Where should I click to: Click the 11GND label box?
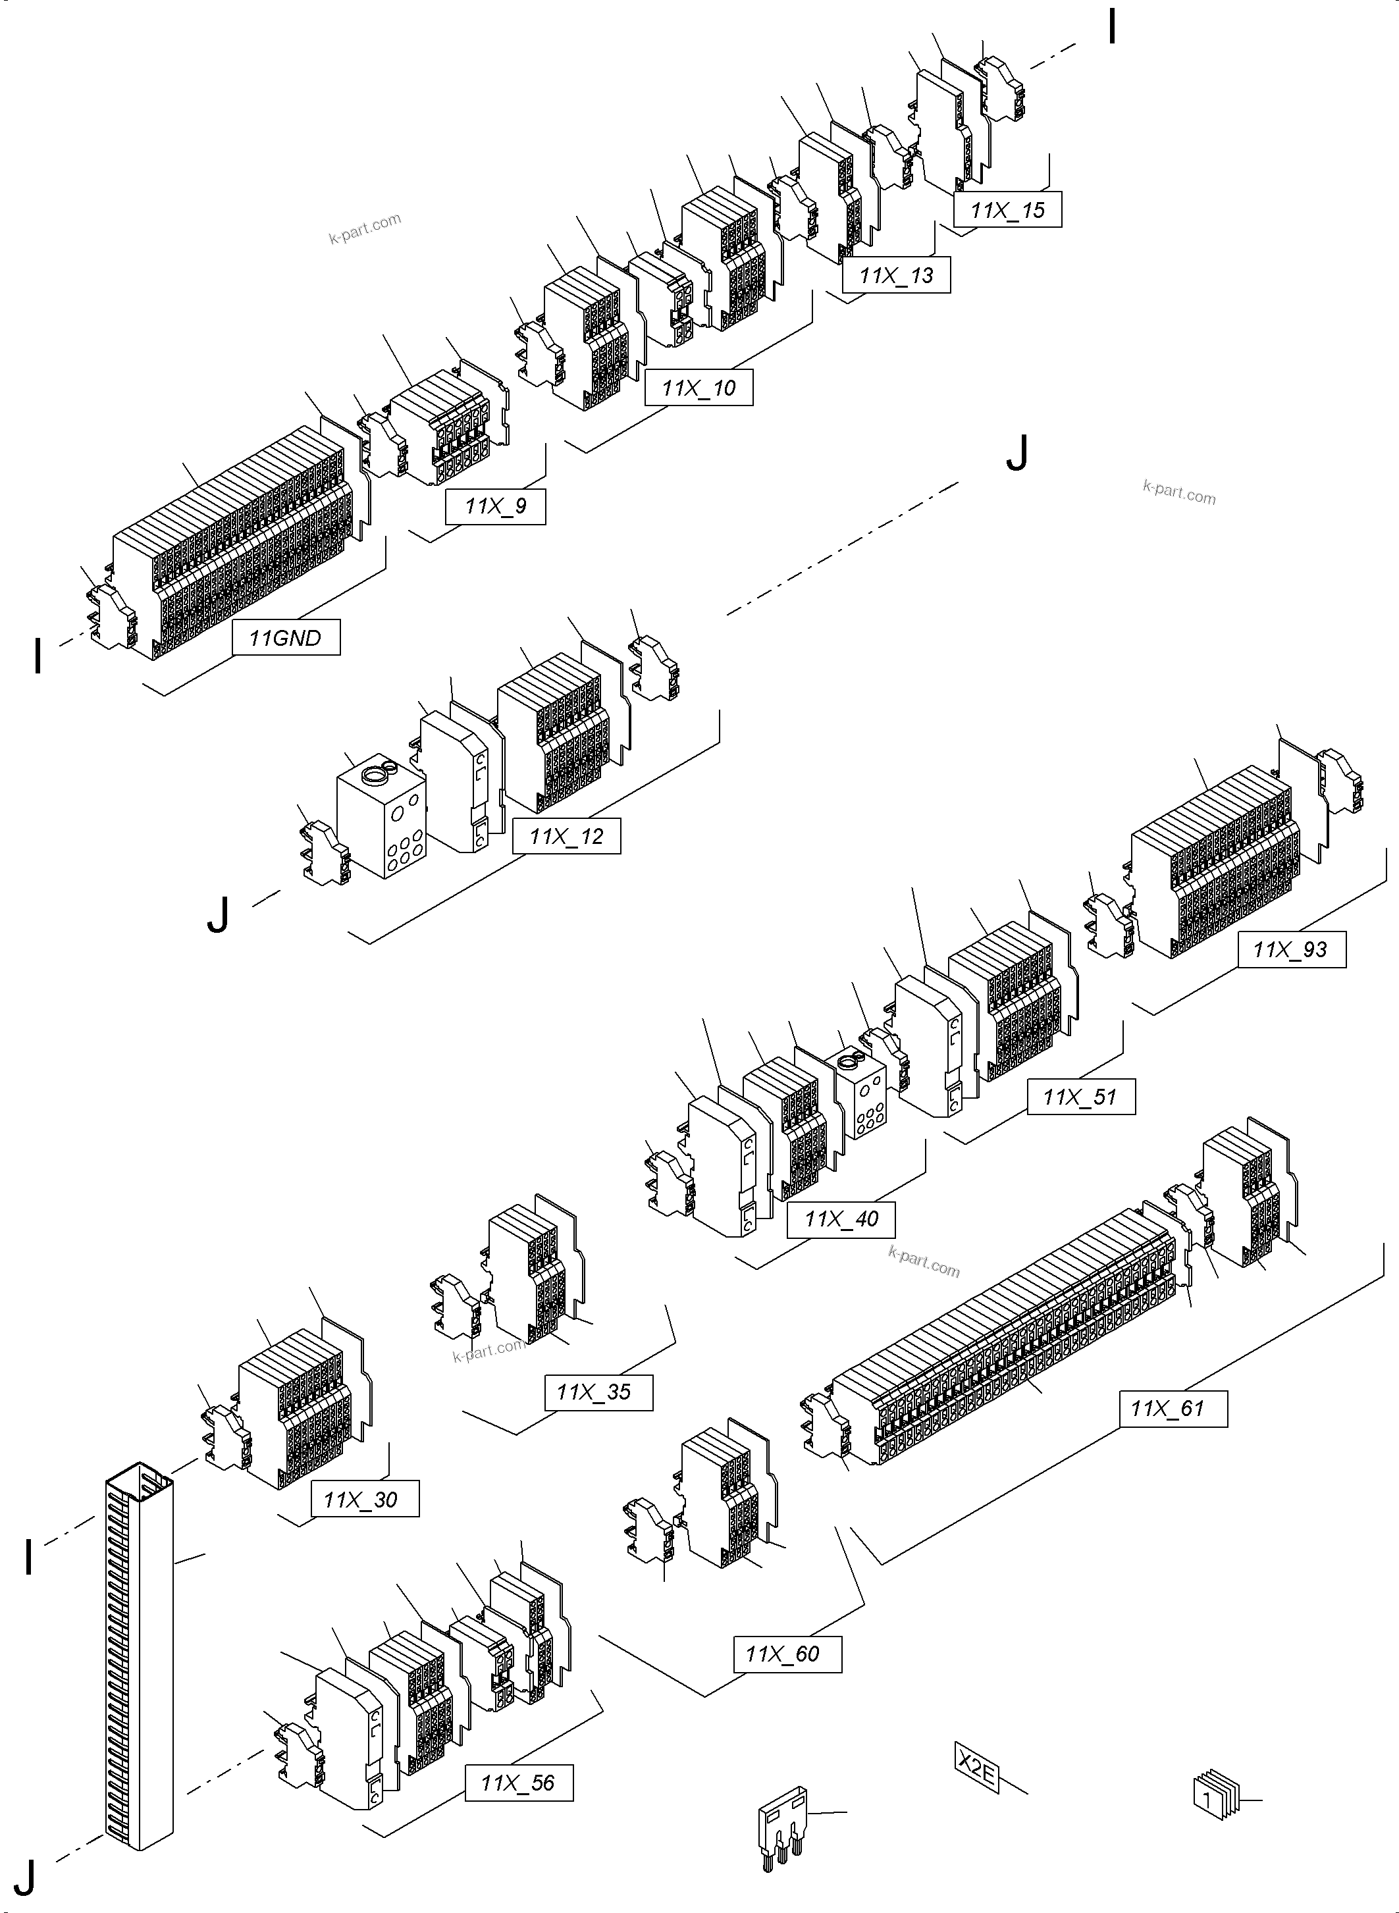pos(286,638)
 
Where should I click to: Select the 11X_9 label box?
pos(495,506)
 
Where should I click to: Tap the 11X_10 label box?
pos(699,388)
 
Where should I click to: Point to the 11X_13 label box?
pos(896,275)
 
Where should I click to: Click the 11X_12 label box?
pos(567,836)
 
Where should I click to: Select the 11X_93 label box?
pos(1292,949)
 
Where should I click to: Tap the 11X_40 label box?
pos(841,1219)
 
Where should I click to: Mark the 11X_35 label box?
pos(598,1392)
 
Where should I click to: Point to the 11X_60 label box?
pos(787,1654)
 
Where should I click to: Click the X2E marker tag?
pos(976,1768)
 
